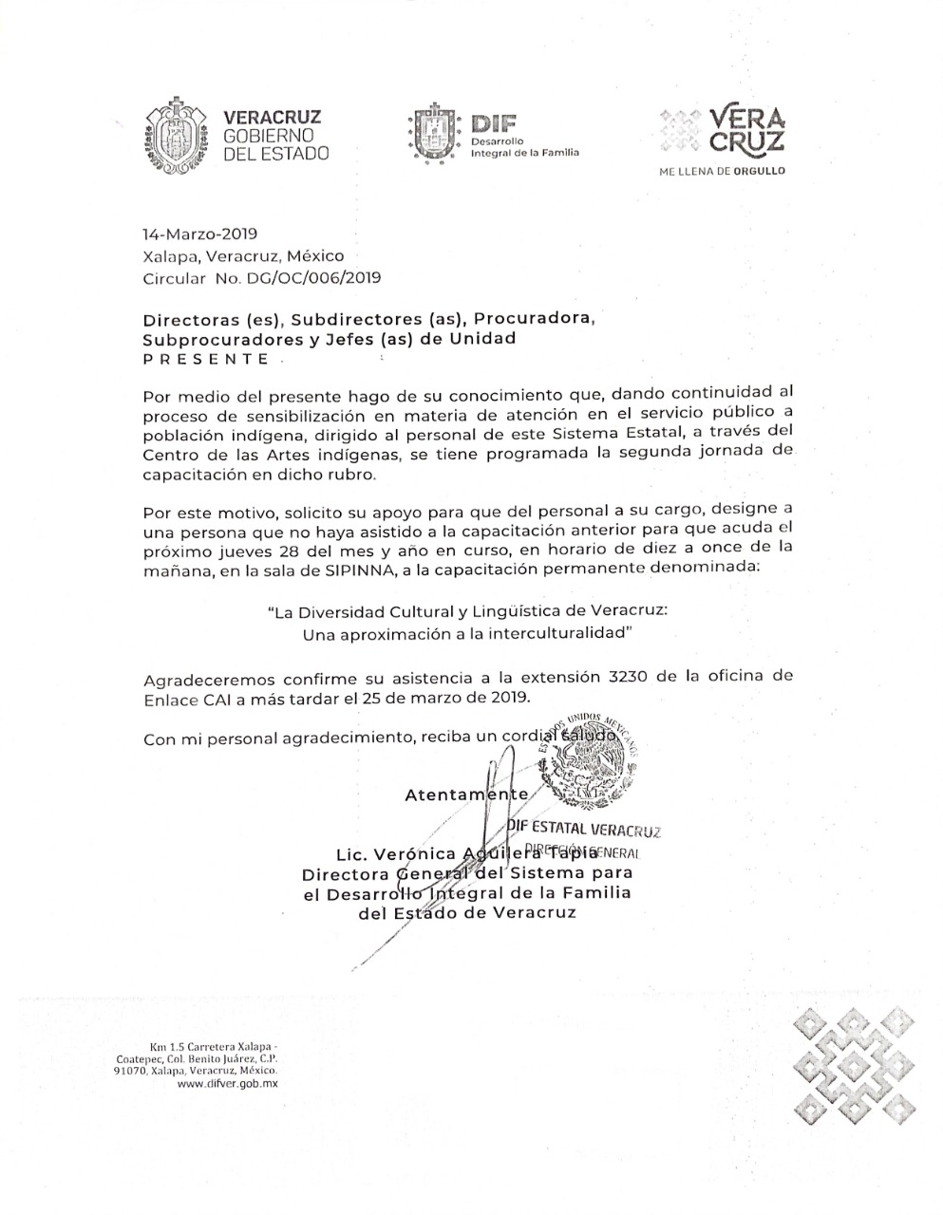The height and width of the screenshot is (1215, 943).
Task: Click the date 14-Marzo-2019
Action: (x=199, y=234)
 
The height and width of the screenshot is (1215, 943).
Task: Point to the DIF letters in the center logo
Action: (x=492, y=123)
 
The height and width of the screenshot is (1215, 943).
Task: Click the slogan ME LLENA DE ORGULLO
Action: (x=723, y=172)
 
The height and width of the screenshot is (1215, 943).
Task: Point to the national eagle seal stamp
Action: (x=585, y=763)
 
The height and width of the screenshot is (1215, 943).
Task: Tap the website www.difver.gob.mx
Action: (x=227, y=1083)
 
